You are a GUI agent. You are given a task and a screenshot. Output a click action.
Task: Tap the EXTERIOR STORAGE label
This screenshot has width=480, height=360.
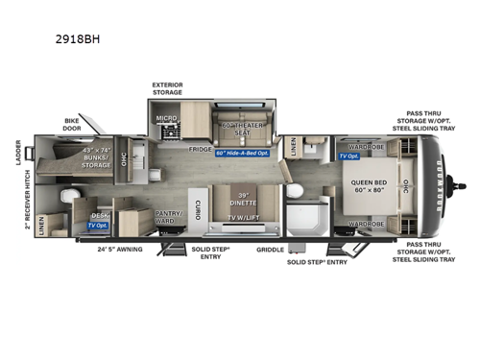click(168, 89)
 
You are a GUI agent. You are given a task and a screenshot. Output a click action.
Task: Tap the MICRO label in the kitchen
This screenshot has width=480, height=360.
click(167, 118)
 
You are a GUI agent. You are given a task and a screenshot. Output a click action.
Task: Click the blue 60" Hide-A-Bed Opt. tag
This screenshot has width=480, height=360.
click(230, 153)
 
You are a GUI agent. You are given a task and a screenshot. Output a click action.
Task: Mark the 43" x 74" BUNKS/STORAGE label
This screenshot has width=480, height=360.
click(104, 157)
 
